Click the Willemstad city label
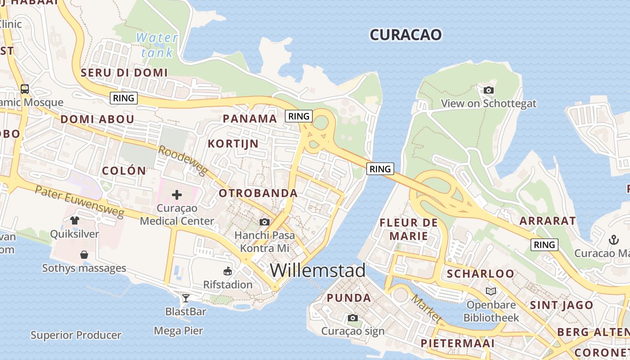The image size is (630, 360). (x=318, y=270)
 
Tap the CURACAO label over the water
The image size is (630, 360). (x=405, y=35)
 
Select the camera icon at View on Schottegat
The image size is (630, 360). (x=488, y=90)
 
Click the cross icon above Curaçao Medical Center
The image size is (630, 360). (x=177, y=195)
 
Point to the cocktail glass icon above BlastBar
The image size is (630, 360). (x=185, y=298)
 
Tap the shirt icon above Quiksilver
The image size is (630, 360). (x=75, y=220)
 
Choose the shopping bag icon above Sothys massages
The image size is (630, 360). (x=84, y=255)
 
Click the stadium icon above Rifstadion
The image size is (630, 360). (x=228, y=271)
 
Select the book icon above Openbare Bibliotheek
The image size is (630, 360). (x=490, y=291)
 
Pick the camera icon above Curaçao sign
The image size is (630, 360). (x=353, y=318)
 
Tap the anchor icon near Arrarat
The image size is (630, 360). (x=614, y=239)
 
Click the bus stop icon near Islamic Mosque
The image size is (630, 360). (x=25, y=89)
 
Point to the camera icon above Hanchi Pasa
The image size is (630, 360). (x=265, y=222)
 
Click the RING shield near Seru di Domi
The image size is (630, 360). (x=124, y=98)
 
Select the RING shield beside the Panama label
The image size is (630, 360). (x=299, y=116)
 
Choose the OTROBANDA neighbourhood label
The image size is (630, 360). (x=258, y=193)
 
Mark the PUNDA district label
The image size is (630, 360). (x=349, y=298)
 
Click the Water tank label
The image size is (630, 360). (x=157, y=45)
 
